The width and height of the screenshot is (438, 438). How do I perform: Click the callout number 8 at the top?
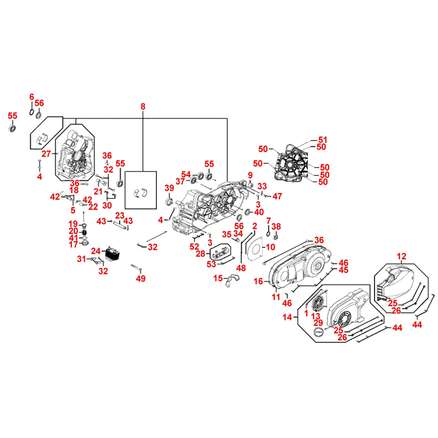(x=143, y=106)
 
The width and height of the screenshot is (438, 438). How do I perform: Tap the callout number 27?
(x=46, y=154)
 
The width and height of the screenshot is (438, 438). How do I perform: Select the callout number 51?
(x=323, y=140)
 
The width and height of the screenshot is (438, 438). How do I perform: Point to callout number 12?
(x=401, y=256)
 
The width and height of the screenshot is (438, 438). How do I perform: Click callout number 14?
(x=287, y=317)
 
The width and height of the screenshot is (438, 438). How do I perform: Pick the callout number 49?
(x=141, y=278)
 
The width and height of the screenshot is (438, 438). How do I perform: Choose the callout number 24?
(x=95, y=251)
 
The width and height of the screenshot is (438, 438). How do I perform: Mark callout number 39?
(x=169, y=188)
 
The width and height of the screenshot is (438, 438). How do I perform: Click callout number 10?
(x=270, y=247)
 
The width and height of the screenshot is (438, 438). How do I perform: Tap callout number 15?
(x=218, y=278)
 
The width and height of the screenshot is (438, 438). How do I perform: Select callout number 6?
(x=32, y=97)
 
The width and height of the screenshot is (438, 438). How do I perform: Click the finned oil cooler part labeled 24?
(x=113, y=253)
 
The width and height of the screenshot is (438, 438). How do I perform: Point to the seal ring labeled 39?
(x=170, y=201)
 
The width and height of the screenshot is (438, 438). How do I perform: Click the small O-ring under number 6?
(x=32, y=112)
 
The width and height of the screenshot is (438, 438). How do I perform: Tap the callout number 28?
(x=200, y=254)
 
